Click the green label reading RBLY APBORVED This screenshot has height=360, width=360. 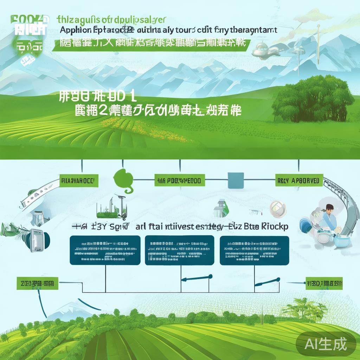click(x=298, y=181)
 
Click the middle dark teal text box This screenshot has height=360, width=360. click(x=179, y=250)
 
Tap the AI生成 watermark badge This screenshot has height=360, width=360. click(x=326, y=343)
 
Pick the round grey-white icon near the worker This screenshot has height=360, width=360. click(x=276, y=208)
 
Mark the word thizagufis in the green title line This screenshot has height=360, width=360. click(x=76, y=19)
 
